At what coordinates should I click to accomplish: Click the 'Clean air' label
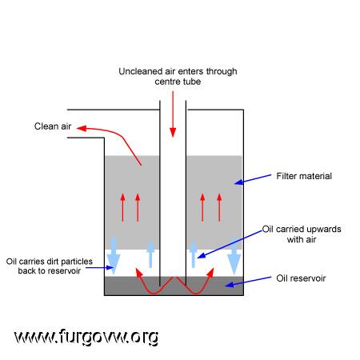[53, 126]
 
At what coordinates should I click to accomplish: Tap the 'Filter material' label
[304, 176]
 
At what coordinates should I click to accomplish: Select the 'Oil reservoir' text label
[301, 278]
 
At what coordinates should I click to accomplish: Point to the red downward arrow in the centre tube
[173, 114]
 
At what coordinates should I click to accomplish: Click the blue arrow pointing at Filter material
[252, 179]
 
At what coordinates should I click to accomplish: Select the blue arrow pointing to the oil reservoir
[248, 282]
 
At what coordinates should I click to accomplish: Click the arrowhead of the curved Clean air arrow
[82, 128]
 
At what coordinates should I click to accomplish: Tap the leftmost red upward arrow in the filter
[122, 208]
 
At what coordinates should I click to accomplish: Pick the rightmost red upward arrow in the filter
[219, 208]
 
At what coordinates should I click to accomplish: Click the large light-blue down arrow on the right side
[234, 257]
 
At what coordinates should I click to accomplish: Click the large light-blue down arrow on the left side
[114, 256]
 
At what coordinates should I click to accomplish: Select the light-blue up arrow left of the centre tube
[150, 254]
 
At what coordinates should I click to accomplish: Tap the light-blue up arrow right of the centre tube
[194, 254]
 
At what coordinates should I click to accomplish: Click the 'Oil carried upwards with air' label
[302, 234]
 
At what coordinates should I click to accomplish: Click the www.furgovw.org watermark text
[86, 337]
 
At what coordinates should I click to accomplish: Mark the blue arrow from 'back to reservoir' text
[99, 267]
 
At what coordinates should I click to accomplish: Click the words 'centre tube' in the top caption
[178, 82]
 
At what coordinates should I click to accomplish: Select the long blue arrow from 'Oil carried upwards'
[230, 244]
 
